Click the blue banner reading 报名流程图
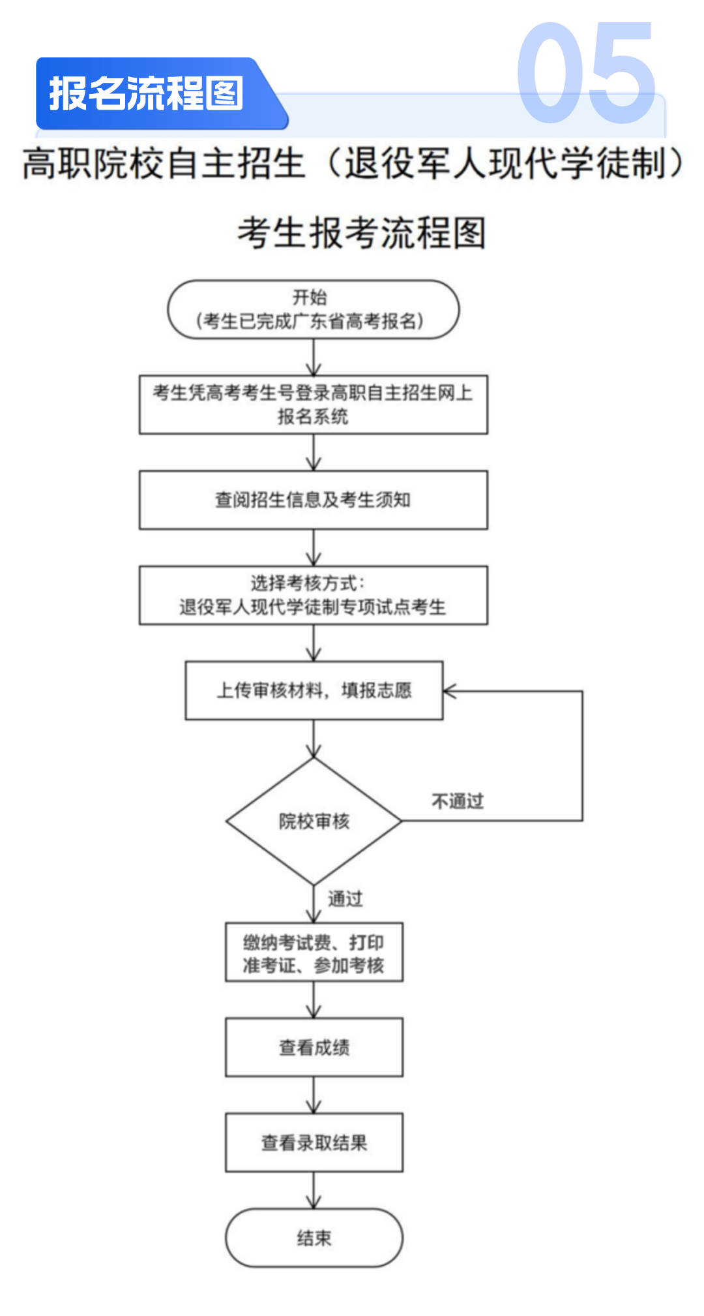pos(147,93)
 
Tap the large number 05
pos(585,73)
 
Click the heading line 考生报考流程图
pos(361,233)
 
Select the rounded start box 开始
pos(313,309)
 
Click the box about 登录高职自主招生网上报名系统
pos(313,405)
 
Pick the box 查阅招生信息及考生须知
pos(313,500)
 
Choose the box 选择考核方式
pos(313,595)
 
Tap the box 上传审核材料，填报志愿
pos(314,690)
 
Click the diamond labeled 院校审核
pos(314,821)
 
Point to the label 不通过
pos(458,801)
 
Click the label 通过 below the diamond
pos(345,899)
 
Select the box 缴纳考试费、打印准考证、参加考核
pos(314,952)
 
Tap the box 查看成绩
pos(314,1047)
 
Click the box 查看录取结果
pos(314,1142)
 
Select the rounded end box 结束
pos(314,1238)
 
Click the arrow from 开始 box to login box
pos(314,358)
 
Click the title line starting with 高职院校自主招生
pos(352,163)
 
